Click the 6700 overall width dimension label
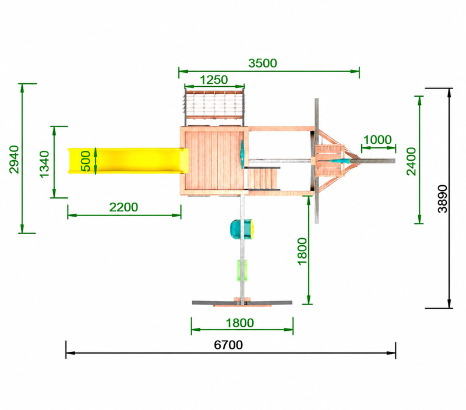coord(228,345)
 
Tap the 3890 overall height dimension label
coord(443,199)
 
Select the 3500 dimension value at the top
coord(263,63)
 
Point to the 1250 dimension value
coord(214,80)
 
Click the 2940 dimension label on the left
coord(14,159)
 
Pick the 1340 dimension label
coord(44,164)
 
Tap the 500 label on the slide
coord(86,161)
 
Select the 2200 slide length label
coord(123,207)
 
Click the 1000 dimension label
coord(377,140)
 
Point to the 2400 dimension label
coord(412,161)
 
